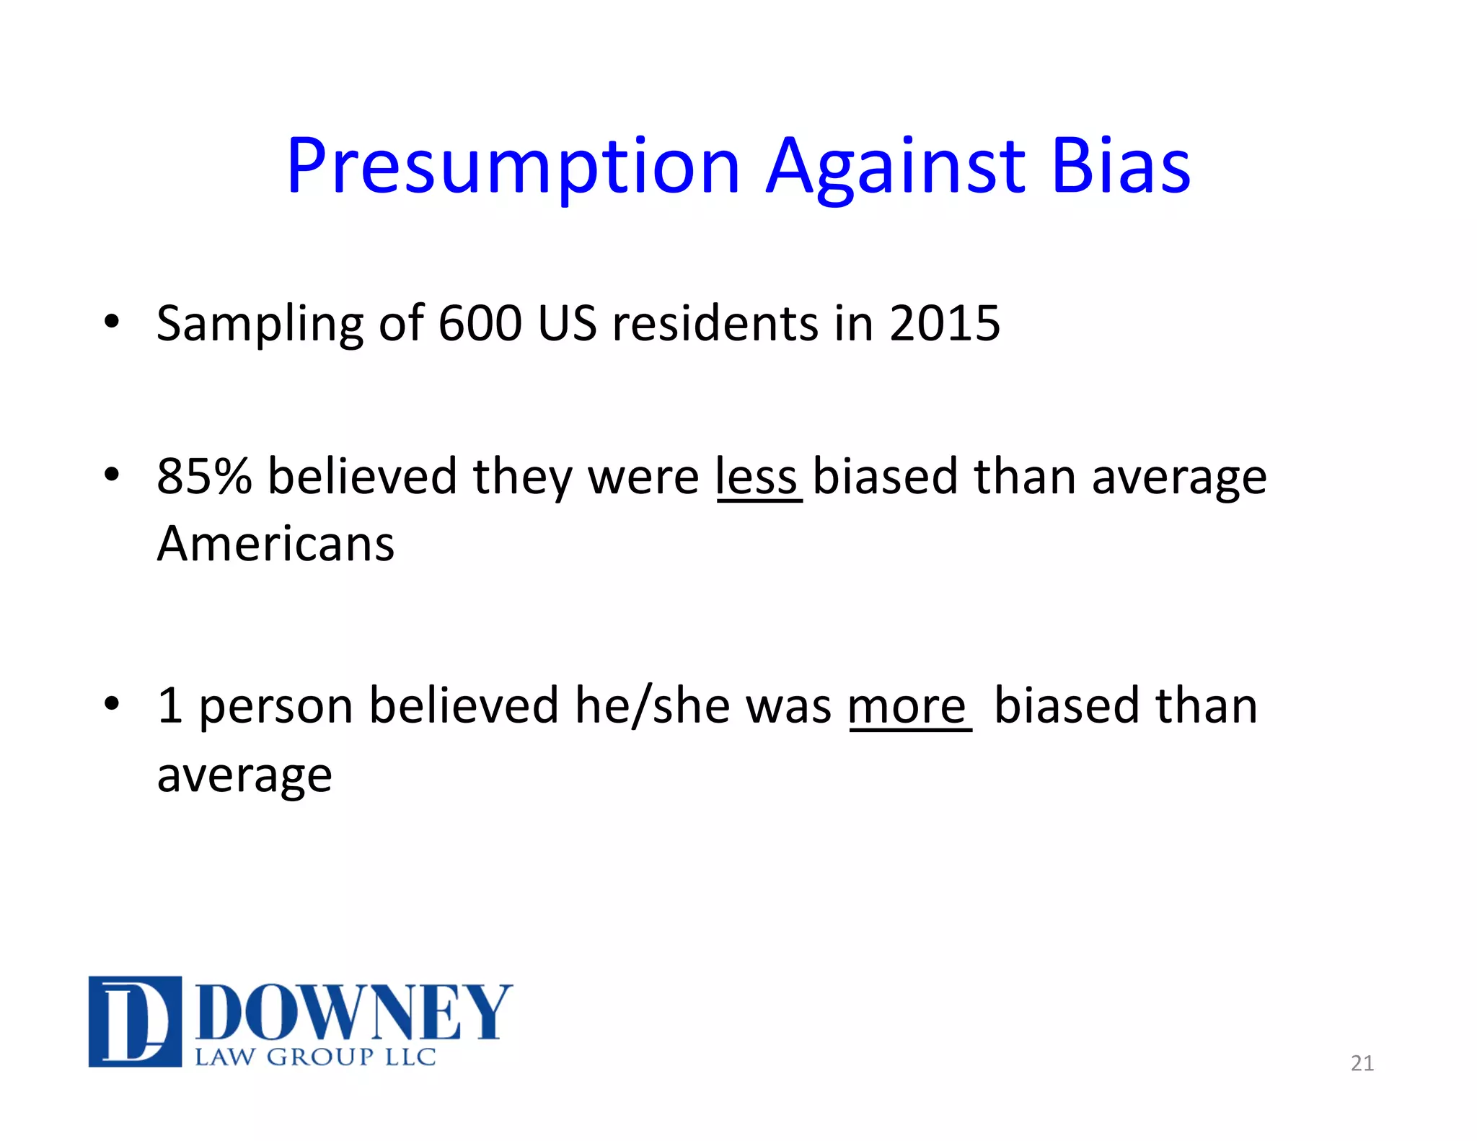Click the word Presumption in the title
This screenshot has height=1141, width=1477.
[513, 167]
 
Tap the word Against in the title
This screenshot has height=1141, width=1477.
[895, 167]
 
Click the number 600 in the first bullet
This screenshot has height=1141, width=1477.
[480, 323]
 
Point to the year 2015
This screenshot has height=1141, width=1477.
[945, 323]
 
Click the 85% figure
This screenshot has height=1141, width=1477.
[204, 477]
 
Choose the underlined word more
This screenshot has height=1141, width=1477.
[907, 706]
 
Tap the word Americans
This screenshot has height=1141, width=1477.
[275, 544]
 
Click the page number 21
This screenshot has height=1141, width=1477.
[1362, 1063]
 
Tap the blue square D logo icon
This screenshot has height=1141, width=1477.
[135, 1021]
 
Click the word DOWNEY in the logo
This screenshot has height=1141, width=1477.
[353, 1013]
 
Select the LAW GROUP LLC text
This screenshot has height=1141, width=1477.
[315, 1057]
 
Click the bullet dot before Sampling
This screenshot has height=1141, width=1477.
[111, 321]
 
